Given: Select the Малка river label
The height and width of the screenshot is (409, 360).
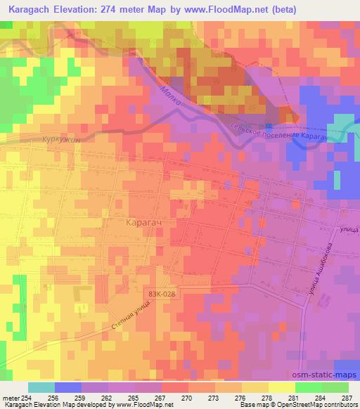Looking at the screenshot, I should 169,96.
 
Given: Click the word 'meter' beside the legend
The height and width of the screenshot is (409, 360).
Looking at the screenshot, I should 11,398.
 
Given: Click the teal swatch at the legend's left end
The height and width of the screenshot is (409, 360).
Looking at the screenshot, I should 41,387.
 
